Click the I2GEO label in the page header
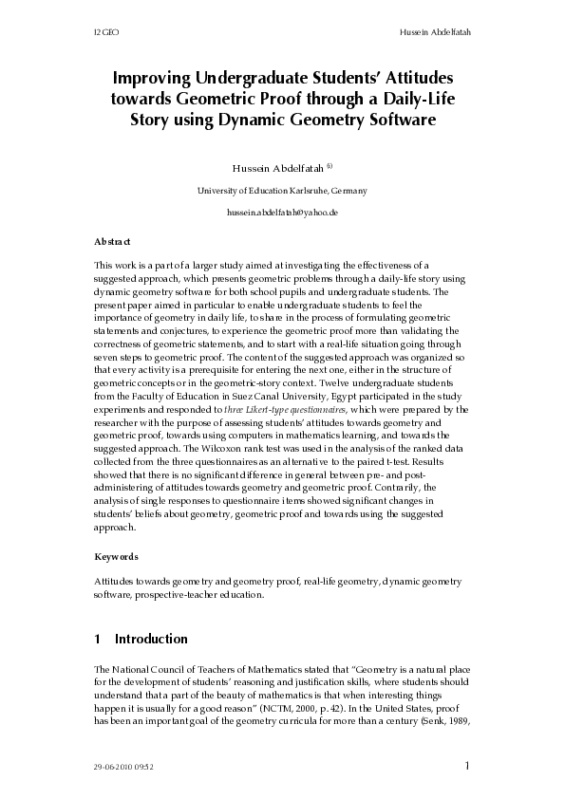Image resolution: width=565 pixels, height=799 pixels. click(104, 33)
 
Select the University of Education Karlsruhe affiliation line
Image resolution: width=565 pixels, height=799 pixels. click(282, 190)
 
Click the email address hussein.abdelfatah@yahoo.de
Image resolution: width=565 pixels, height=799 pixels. click(282, 213)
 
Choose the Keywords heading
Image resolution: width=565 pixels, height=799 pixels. click(117, 556)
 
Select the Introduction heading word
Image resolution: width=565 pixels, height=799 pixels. click(151, 639)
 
